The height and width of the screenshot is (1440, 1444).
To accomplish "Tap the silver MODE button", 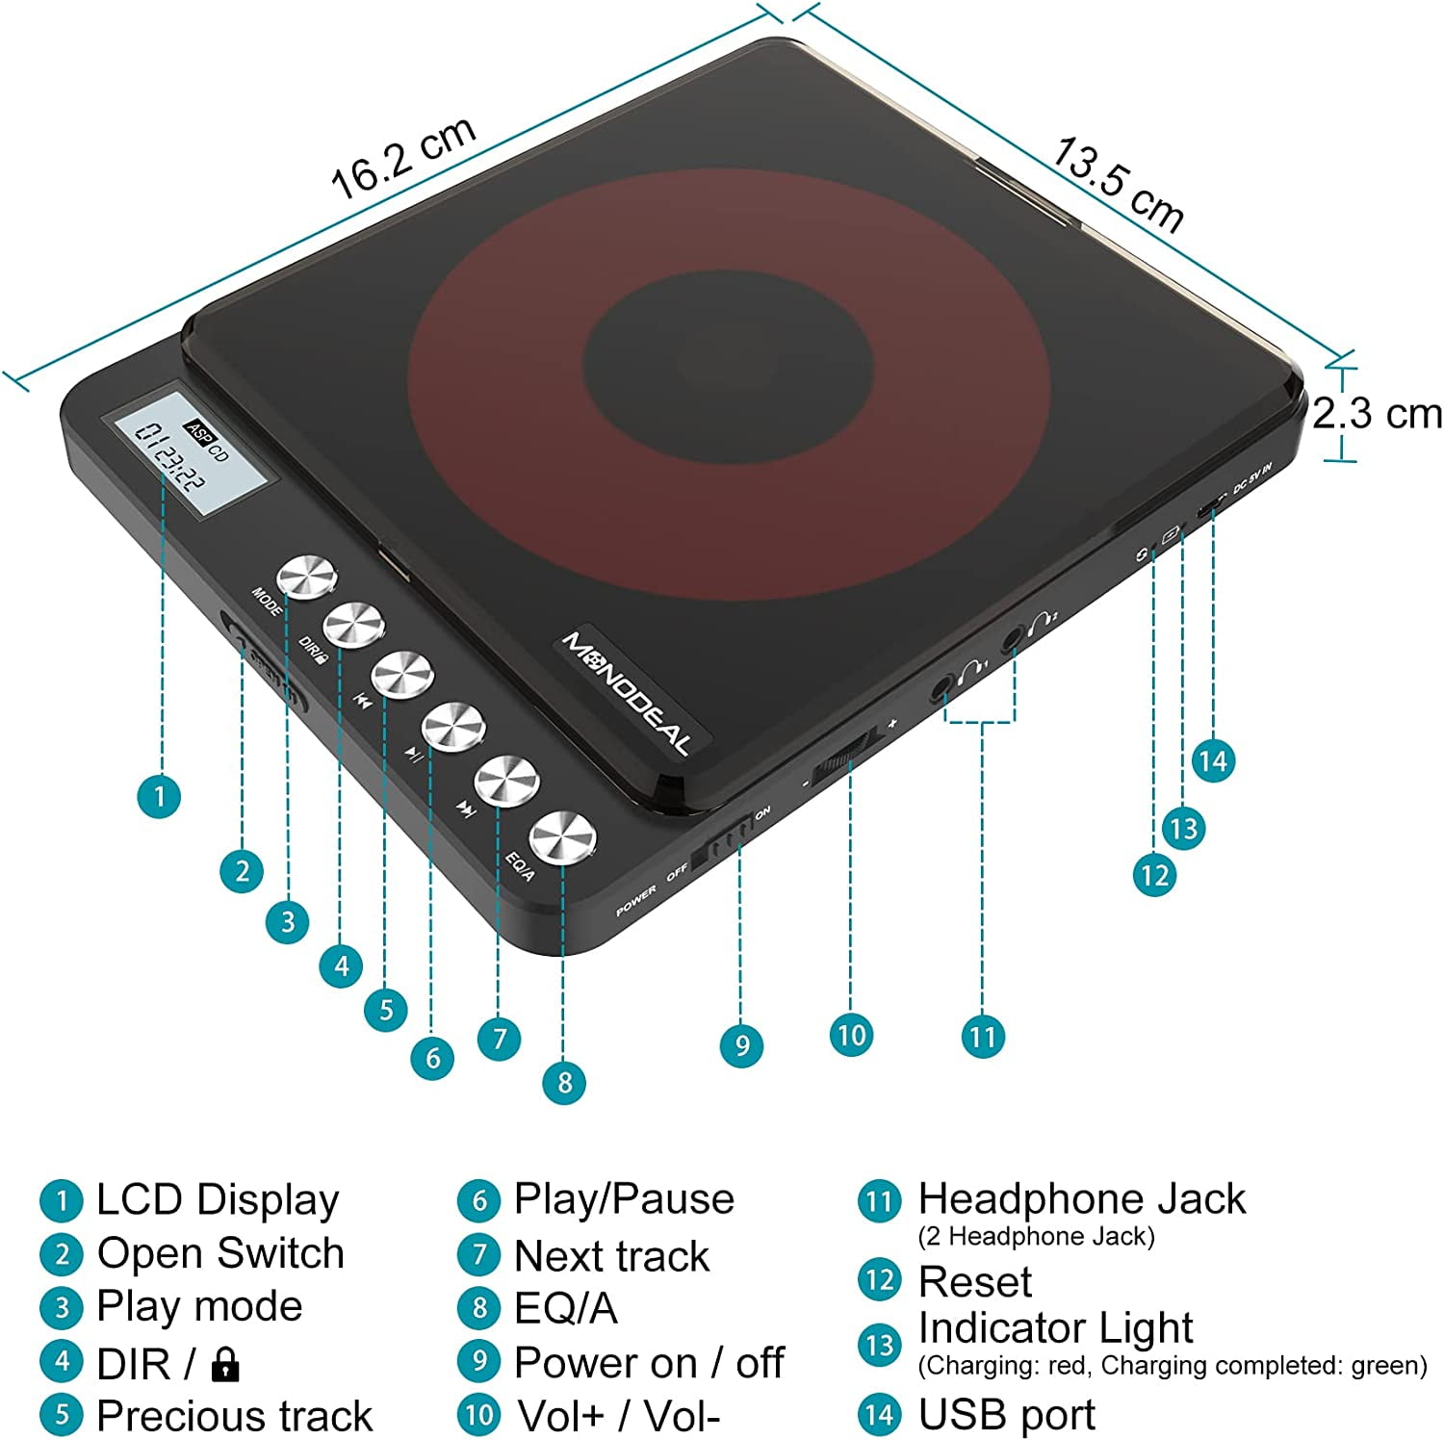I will (x=306, y=579).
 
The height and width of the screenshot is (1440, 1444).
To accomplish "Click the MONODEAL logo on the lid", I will (x=627, y=692).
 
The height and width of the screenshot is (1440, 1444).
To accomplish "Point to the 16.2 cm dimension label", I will (x=403, y=158).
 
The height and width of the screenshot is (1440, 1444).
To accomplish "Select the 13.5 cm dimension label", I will (x=1117, y=184).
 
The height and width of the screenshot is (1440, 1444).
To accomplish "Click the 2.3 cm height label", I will (x=1377, y=414).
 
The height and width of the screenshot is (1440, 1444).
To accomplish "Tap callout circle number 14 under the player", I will (x=1213, y=761).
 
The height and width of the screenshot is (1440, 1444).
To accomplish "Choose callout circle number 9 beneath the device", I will (x=741, y=1045).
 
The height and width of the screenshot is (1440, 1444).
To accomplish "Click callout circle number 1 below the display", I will (x=160, y=796).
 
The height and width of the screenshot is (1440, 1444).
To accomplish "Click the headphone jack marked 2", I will (x=1013, y=637).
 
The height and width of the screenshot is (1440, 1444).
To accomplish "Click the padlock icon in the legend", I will (x=224, y=1364).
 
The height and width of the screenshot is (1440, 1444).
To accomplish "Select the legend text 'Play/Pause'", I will (x=624, y=1199).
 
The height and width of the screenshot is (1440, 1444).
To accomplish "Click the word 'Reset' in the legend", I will (x=974, y=1282).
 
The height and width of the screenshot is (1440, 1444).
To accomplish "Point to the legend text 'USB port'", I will (x=1006, y=1415).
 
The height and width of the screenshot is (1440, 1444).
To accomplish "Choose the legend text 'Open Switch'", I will (x=220, y=1253).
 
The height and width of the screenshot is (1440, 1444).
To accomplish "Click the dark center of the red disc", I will (x=729, y=359).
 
